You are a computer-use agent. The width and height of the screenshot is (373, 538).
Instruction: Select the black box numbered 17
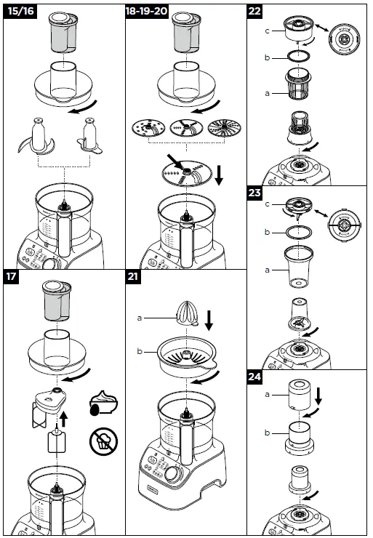tap(12, 276)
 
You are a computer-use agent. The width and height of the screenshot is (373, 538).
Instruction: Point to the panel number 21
tap(135, 276)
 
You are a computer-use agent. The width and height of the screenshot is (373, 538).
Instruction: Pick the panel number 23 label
tap(256, 194)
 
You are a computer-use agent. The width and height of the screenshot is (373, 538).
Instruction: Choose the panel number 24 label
tap(256, 378)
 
